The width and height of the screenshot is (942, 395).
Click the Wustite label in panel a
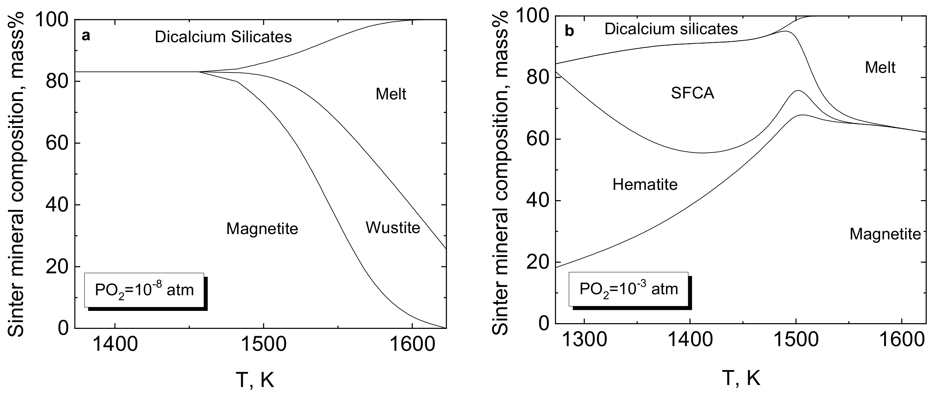393,228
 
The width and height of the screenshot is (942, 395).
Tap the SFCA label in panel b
692,93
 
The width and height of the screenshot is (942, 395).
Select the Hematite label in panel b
645,185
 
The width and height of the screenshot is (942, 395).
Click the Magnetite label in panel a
262,229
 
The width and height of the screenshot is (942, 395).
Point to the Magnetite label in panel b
885,234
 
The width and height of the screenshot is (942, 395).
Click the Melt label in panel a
391,94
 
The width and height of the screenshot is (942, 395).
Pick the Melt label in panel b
880,67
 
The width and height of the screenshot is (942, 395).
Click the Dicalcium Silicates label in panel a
223,37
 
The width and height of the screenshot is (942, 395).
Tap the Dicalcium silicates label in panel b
671,29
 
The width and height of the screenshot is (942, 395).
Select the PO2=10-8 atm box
144,290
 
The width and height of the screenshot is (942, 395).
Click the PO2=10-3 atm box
628,289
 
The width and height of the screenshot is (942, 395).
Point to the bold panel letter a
85,36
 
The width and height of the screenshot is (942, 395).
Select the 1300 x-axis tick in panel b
584,339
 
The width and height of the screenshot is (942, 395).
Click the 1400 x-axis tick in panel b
690,339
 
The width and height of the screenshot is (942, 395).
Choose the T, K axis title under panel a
255,380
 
